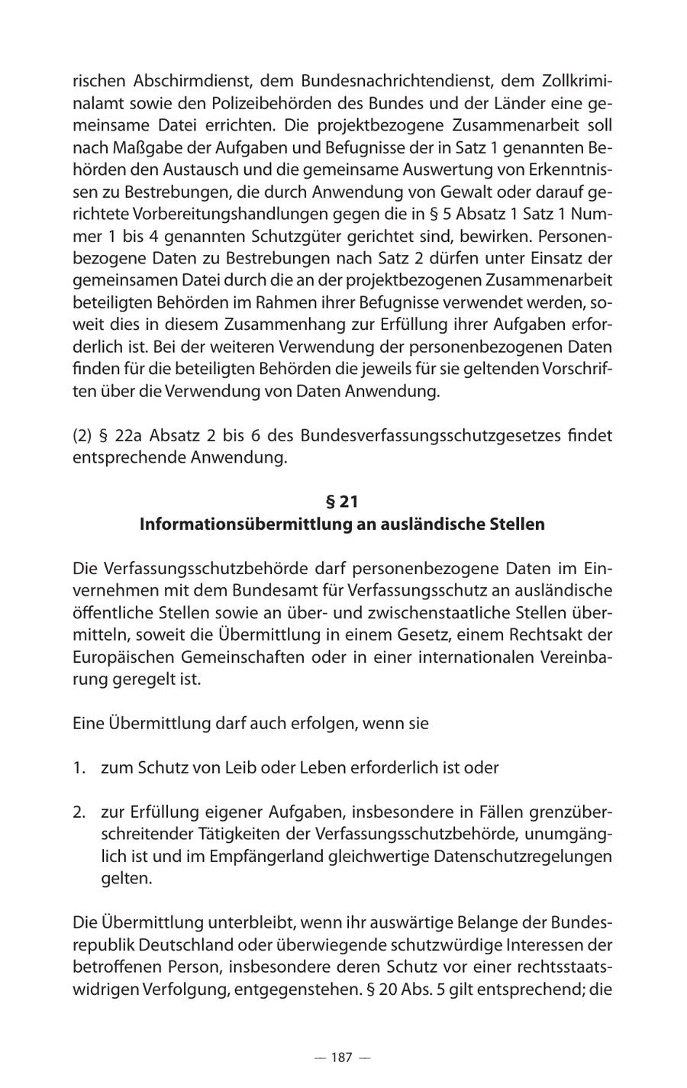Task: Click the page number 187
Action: coord(341,1057)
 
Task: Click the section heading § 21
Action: coord(342,502)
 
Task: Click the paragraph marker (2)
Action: coord(82,436)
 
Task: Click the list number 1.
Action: coord(79,767)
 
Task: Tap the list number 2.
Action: coord(79,811)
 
